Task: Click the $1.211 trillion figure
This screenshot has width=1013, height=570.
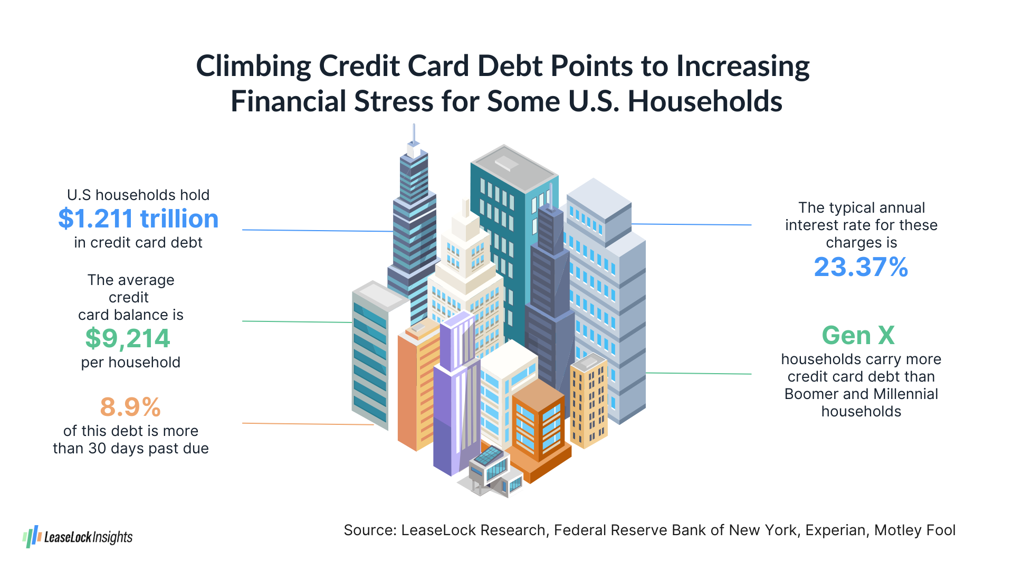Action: (x=138, y=219)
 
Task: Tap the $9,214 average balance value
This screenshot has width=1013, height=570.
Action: (x=128, y=338)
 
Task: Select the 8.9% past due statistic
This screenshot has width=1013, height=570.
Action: (x=130, y=407)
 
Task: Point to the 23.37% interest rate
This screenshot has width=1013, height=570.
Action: (x=861, y=267)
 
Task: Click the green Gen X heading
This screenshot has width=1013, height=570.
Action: (x=858, y=335)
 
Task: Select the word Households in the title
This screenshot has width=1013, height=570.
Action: (x=705, y=101)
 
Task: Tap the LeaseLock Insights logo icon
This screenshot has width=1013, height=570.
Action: (x=32, y=537)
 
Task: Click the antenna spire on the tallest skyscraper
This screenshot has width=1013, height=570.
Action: (x=414, y=135)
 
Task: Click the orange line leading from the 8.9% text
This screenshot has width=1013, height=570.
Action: (x=308, y=424)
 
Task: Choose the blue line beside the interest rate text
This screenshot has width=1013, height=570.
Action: (x=691, y=224)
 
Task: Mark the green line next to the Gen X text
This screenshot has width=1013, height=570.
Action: (x=699, y=374)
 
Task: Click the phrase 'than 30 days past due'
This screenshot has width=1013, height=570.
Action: (x=131, y=449)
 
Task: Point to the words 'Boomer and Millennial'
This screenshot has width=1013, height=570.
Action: (x=861, y=394)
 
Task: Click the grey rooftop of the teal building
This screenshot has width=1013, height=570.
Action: (x=514, y=168)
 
